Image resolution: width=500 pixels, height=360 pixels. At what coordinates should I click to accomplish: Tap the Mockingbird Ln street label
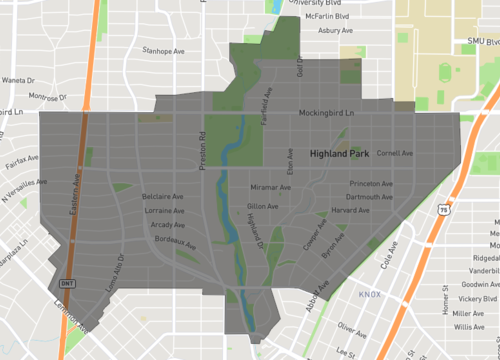pyautogui.click(x=327, y=113)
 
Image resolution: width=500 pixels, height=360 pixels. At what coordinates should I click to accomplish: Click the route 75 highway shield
pyautogui.click(x=442, y=210)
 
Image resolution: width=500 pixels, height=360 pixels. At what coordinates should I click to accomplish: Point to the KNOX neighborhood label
pyautogui.click(x=370, y=295)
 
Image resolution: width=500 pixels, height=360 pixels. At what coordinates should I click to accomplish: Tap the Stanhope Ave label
pyautogui.click(x=165, y=49)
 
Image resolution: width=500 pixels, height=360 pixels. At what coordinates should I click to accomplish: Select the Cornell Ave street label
pyautogui.click(x=395, y=153)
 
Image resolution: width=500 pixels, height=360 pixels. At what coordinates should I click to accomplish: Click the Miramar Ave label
pyautogui.click(x=271, y=187)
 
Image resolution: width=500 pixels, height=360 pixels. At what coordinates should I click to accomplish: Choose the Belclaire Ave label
pyautogui.click(x=164, y=197)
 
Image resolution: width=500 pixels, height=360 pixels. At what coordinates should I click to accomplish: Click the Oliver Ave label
pyautogui.click(x=353, y=326)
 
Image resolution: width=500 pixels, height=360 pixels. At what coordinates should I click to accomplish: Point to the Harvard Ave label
pyautogui.click(x=350, y=211)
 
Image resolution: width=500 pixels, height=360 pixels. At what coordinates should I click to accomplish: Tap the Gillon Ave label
pyautogui.click(x=262, y=206)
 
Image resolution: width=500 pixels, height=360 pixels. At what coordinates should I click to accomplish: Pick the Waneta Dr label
pyautogui.click(x=19, y=80)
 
